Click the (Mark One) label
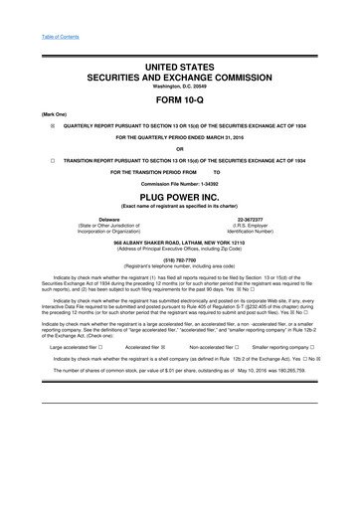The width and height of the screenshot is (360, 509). tap(41, 115)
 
